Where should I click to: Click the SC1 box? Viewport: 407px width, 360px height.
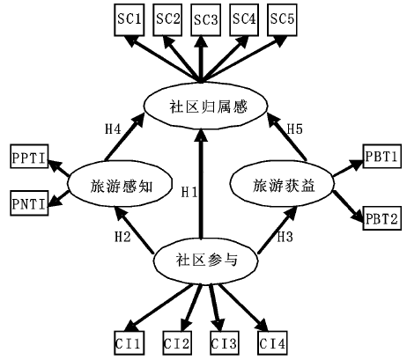[129, 19]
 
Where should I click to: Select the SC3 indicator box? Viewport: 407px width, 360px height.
[205, 19]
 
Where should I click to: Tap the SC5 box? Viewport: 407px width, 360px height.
[282, 19]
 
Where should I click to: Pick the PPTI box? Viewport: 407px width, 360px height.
[29, 157]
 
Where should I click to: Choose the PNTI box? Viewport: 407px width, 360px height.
[29, 203]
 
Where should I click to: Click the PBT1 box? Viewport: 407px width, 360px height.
[382, 156]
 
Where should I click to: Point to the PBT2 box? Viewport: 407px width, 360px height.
[382, 218]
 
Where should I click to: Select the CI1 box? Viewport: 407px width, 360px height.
[129, 343]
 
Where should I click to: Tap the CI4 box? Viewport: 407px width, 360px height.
[272, 343]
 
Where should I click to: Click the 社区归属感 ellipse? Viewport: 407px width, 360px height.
[205, 107]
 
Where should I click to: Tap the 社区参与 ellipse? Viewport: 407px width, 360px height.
[206, 261]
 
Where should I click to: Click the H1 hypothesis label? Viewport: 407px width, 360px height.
[189, 192]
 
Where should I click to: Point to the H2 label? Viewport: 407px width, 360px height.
[122, 236]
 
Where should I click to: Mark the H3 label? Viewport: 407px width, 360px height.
[285, 236]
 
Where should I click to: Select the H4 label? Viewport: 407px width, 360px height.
[113, 129]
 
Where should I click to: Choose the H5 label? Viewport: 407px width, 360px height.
[294, 129]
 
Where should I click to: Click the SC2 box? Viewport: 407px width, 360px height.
[167, 19]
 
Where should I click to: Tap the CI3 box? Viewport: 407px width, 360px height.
[225, 343]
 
